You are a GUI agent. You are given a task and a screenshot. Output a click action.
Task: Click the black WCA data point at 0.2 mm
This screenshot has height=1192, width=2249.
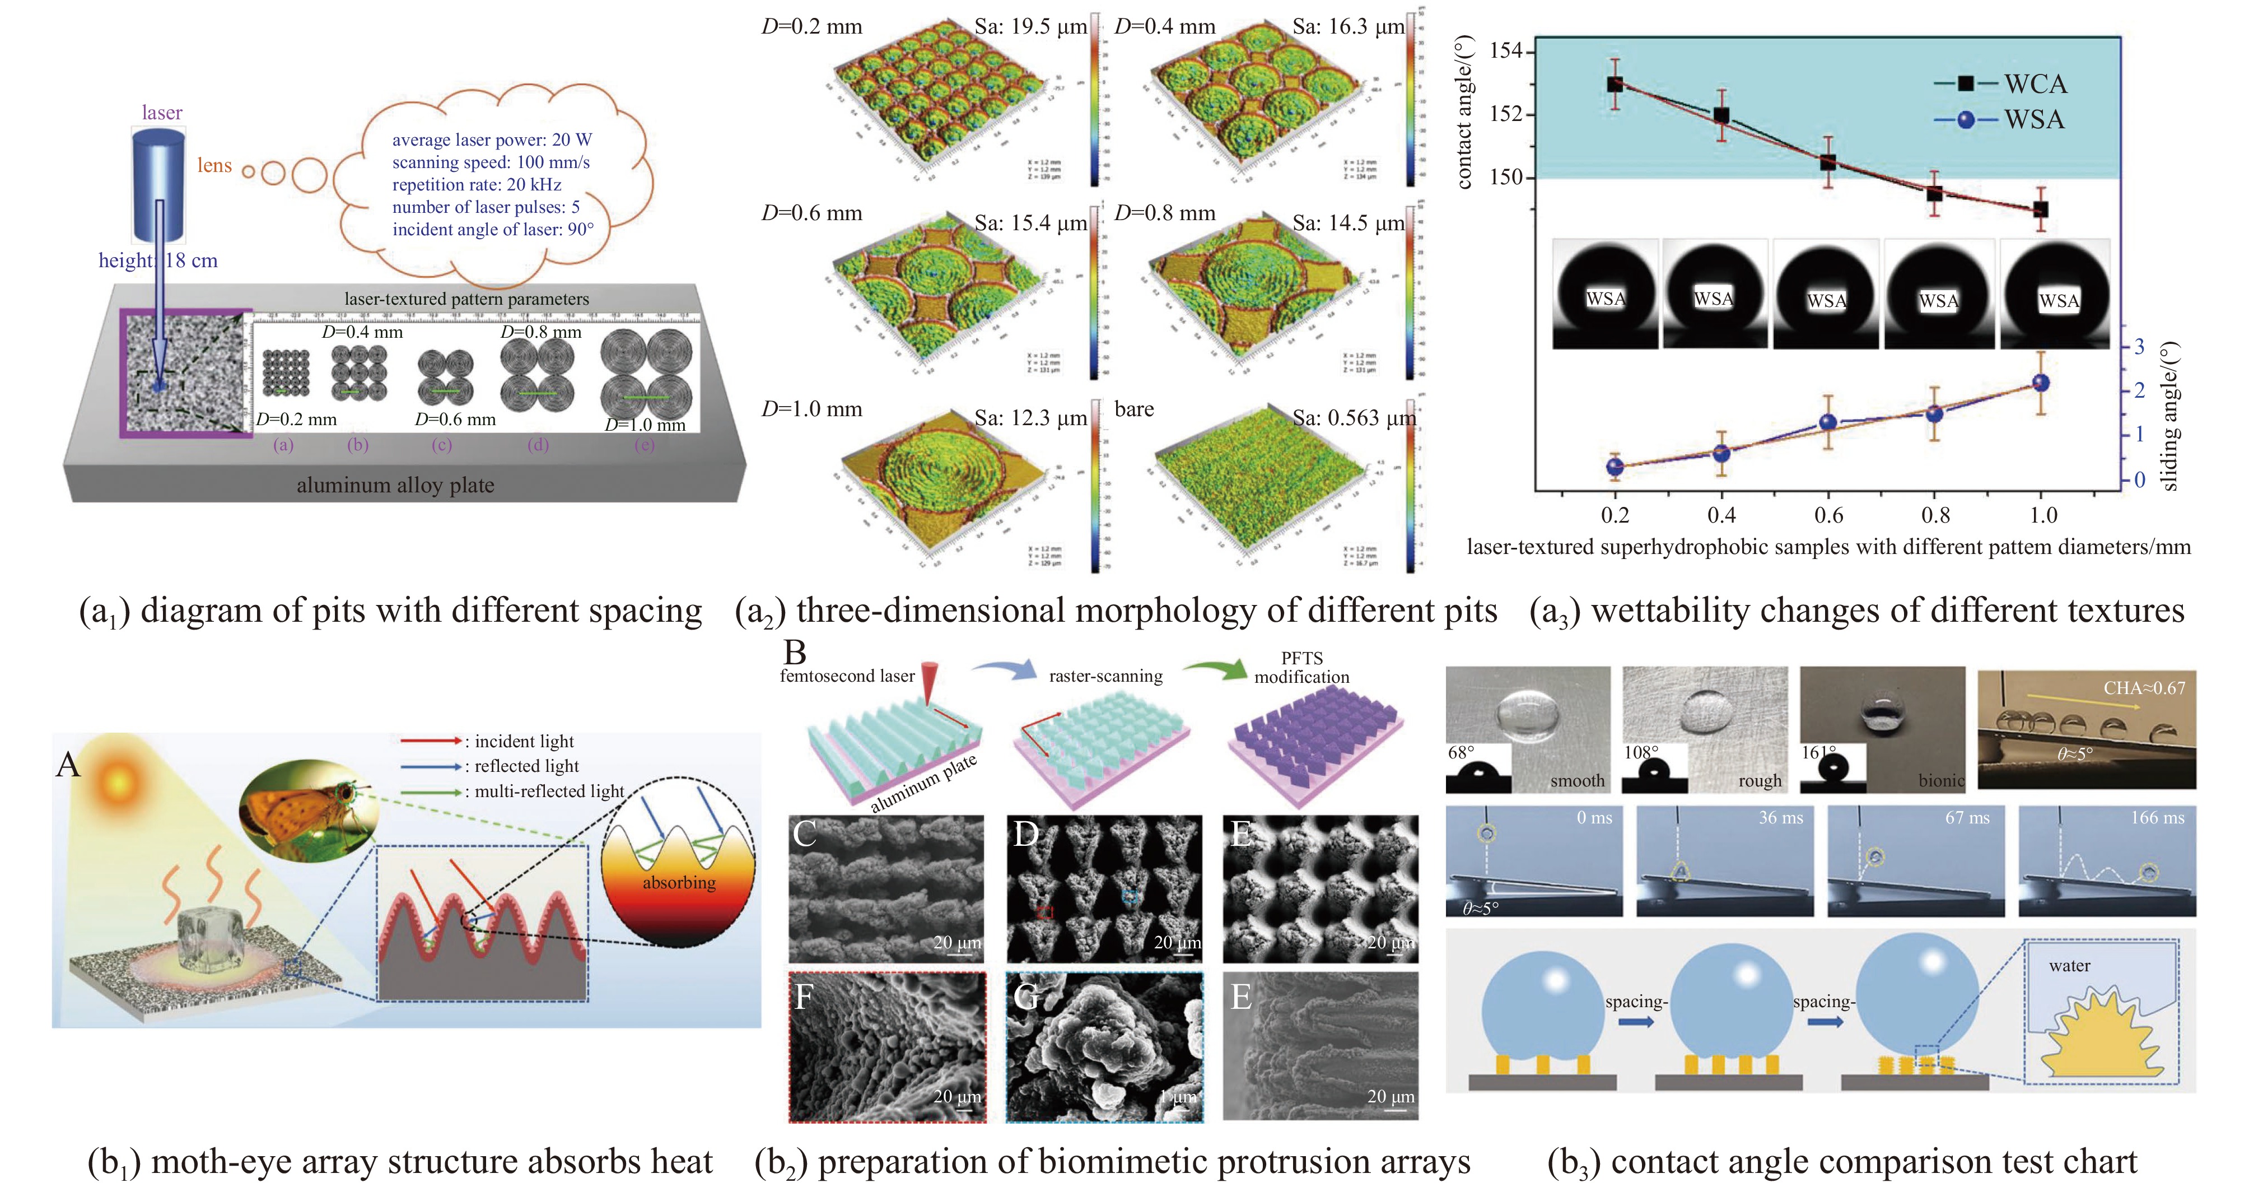coord(1615,85)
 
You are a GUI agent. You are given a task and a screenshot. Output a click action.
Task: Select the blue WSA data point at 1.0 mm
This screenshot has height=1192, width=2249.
coord(2040,383)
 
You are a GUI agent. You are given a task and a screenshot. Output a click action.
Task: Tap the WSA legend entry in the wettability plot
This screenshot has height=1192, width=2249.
coord(2034,120)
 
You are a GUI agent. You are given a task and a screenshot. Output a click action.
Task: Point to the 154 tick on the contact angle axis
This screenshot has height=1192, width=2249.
coord(1506,50)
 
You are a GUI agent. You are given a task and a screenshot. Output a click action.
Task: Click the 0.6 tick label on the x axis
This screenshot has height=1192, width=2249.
coord(1828,515)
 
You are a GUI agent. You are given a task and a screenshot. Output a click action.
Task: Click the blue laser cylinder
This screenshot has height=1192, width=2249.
coord(159,183)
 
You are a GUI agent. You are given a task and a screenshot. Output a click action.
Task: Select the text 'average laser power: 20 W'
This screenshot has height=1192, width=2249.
coord(492,139)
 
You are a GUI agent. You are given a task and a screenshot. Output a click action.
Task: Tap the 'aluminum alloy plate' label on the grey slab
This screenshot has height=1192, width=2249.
coord(395,486)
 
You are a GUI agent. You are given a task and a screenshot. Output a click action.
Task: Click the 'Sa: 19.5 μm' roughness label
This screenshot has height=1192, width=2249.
coord(1030,27)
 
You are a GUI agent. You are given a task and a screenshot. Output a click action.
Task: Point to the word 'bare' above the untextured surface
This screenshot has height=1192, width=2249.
coord(1134,409)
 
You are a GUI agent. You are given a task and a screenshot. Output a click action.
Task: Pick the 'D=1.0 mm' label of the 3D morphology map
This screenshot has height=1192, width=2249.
coord(811,409)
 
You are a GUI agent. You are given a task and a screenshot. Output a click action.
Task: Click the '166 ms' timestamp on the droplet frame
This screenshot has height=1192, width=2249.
coord(2157,818)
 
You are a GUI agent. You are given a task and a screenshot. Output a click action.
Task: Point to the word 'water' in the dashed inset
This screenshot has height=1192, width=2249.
coord(2069,966)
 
